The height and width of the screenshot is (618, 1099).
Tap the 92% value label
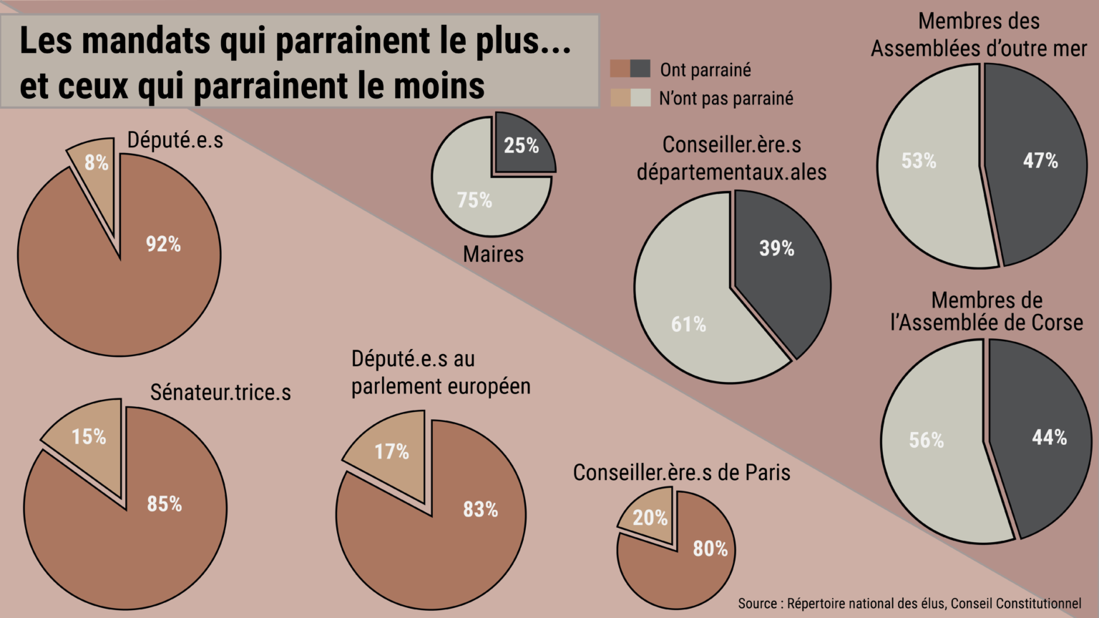point(163,245)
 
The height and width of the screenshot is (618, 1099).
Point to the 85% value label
point(165,504)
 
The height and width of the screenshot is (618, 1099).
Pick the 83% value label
point(480,509)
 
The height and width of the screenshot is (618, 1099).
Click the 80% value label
point(710,549)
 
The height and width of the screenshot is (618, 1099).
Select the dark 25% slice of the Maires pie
point(522,145)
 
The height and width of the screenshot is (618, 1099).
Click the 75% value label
point(474,200)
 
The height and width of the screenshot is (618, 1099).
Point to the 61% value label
point(688,325)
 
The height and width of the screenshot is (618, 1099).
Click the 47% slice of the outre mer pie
point(1037,172)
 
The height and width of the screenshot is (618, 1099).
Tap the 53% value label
point(919,161)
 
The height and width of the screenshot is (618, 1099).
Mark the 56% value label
point(926,441)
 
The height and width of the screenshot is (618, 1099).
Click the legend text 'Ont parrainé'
point(705,70)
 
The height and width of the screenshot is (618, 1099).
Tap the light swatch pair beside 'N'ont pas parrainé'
point(630,98)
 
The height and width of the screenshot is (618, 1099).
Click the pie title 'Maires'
point(493,254)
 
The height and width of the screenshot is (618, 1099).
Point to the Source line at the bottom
point(909,604)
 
